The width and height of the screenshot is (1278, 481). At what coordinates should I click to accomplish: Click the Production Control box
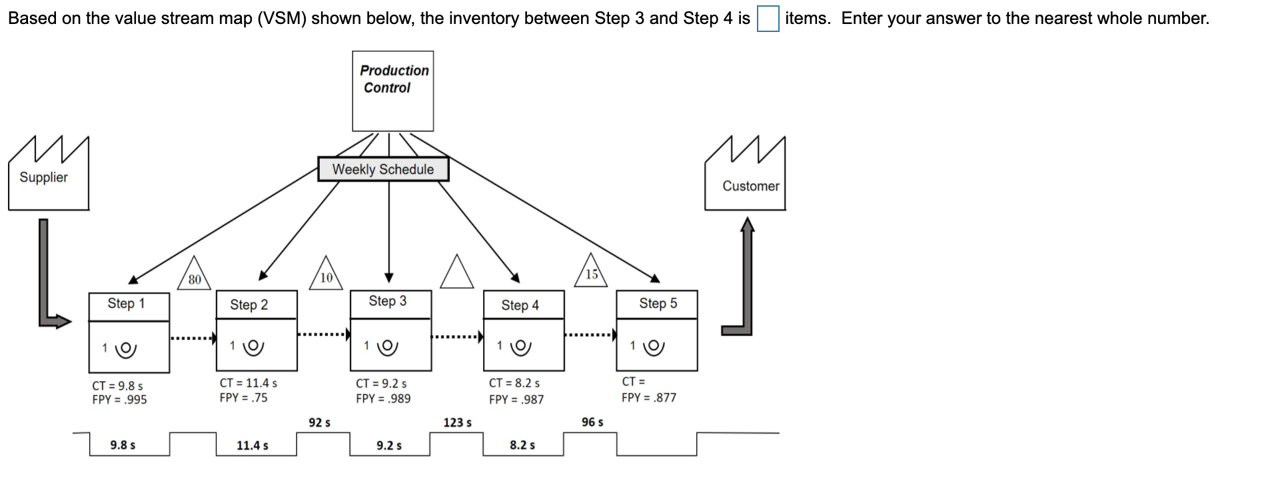click(x=392, y=91)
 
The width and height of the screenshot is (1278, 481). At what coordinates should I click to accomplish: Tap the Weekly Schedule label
click(x=383, y=169)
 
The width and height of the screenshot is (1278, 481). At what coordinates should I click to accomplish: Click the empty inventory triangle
click(x=457, y=273)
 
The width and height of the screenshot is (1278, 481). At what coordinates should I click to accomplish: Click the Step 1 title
click(x=127, y=304)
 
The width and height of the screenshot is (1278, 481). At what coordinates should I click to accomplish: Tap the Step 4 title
click(x=520, y=305)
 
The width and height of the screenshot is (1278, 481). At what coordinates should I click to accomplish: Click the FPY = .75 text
click(x=243, y=398)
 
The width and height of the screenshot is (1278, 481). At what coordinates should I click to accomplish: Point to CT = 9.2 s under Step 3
click(x=381, y=384)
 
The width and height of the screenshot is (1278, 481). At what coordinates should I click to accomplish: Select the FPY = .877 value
click(x=648, y=398)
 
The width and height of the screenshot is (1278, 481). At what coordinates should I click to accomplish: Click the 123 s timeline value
click(x=457, y=422)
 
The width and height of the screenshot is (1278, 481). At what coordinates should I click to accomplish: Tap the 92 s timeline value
click(x=320, y=422)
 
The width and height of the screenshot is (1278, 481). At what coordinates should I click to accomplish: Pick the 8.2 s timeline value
click(x=522, y=445)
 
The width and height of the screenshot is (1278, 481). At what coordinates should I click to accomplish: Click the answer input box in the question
click(x=768, y=19)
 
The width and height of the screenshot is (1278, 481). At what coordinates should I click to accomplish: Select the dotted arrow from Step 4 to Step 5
click(x=590, y=335)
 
